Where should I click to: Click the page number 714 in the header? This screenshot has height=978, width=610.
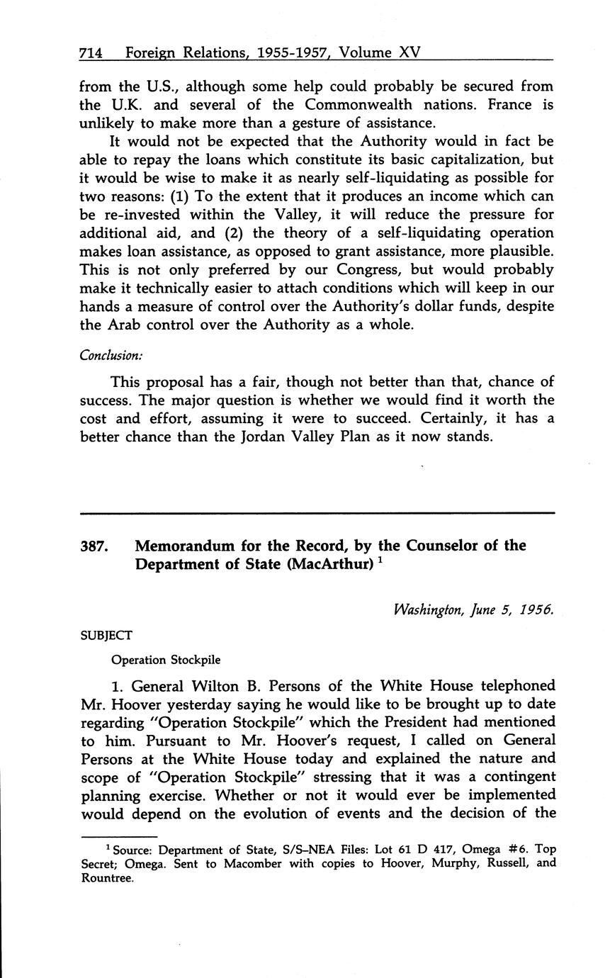click(x=92, y=52)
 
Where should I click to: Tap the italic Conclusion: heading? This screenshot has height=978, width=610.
click(x=111, y=356)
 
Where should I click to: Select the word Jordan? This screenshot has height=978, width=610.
click(x=273, y=437)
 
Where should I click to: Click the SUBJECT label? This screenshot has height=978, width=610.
click(x=106, y=636)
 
